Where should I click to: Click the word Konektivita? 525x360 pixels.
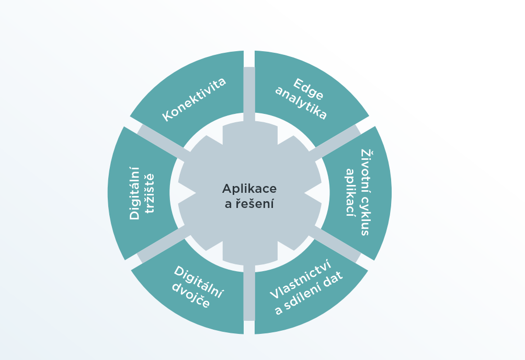click(x=194, y=99)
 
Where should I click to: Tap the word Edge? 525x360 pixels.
click(x=309, y=89)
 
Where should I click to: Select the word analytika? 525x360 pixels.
click(x=301, y=103)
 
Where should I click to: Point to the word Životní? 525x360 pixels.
click(x=367, y=167)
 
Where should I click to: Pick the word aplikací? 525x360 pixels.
click(x=350, y=192)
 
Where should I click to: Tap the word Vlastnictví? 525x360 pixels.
click(x=301, y=279)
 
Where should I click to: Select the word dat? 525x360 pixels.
click(x=334, y=278)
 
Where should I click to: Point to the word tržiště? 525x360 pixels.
click(x=150, y=193)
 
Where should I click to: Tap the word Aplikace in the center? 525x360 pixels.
click(x=249, y=189)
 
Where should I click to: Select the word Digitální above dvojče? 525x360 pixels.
click(x=198, y=282)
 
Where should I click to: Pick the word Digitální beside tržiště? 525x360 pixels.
click(x=134, y=193)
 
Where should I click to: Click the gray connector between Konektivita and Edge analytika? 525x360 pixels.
click(x=249, y=94)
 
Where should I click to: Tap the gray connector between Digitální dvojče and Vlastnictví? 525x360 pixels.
click(x=249, y=293)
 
